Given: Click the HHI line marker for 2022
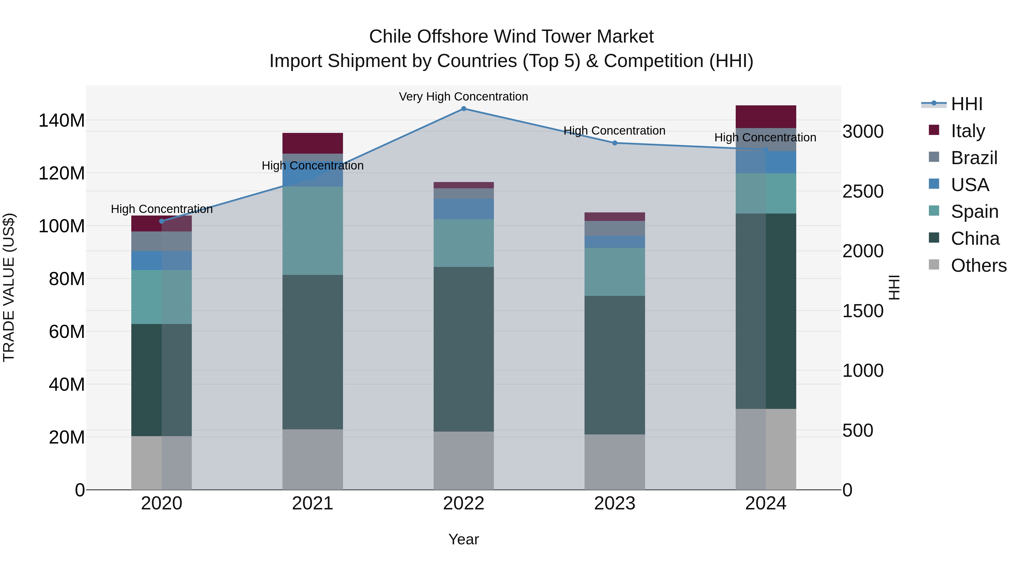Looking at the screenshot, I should pos(463,109).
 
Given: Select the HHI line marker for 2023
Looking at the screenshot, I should pos(615,143).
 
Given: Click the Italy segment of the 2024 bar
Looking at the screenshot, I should pos(766,117).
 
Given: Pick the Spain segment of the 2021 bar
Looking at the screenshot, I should pos(313,231).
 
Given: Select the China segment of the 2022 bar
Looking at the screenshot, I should pos(463,349).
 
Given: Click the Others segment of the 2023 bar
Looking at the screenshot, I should pos(615,462).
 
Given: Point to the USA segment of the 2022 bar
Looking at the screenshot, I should pos(463,209).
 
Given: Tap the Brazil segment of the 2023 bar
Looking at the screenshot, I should pos(615,229).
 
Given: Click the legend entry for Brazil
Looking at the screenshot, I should pos(974,158).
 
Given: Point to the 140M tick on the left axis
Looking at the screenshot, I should pos(62,120).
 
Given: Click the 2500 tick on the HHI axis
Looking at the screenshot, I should pos(863,191).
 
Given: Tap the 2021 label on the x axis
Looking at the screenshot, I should pos(313,503).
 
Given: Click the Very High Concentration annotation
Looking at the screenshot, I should pos(463,97).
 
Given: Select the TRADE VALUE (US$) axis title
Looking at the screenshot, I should pos(9,287).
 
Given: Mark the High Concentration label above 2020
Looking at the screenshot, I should pos(162,209).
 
